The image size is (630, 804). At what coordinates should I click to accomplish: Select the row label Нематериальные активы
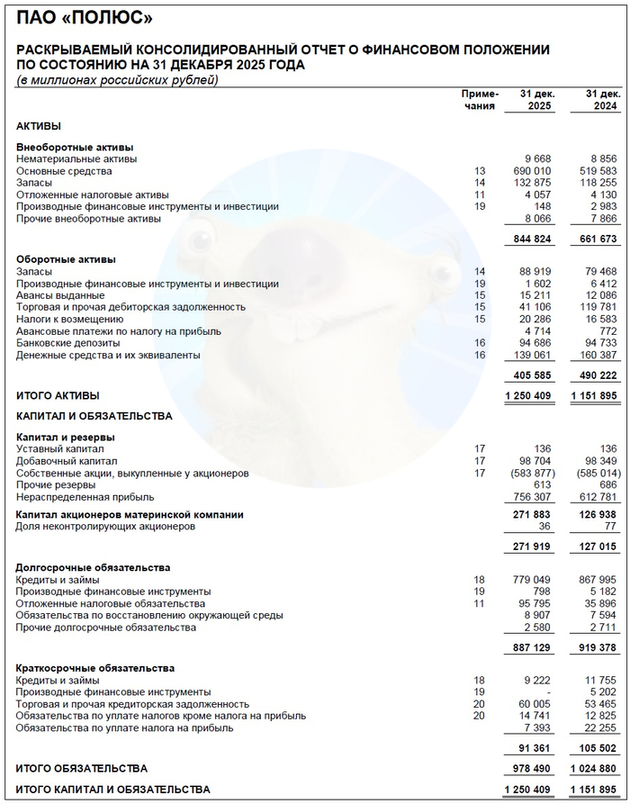coord(76,159)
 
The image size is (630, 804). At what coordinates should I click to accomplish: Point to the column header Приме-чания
coord(479,100)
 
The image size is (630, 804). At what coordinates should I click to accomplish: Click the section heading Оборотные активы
coord(66,259)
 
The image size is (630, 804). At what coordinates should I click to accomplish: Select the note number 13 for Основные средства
coord(479,171)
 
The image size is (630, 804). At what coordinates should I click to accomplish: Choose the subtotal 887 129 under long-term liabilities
coord(531,647)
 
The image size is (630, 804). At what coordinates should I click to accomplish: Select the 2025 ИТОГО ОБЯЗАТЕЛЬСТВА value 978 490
coord(531,769)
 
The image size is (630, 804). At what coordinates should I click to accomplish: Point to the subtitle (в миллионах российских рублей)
coord(117,81)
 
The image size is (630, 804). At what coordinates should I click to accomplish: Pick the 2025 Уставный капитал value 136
coord(543,448)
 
